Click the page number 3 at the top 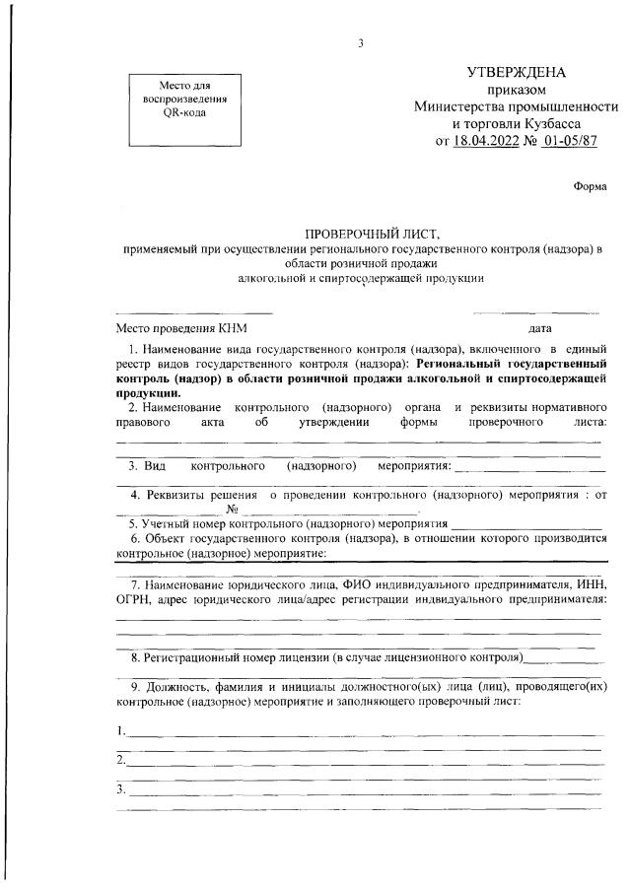pyautogui.click(x=362, y=43)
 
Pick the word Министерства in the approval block pyautogui.click(x=462, y=106)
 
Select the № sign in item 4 pyautogui.click(x=234, y=510)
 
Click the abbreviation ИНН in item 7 pyautogui.click(x=590, y=582)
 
